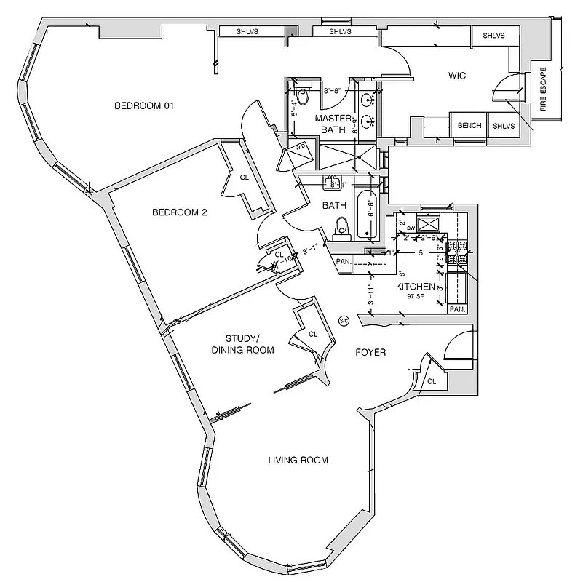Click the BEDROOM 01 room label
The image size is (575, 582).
[145, 106]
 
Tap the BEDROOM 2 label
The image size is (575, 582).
[180, 212]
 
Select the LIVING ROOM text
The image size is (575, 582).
[298, 460]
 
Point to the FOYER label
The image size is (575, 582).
[370, 353]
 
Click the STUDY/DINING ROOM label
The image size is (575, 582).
[243, 344]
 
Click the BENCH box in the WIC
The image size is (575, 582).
[469, 126]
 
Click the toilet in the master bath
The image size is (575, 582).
[301, 90]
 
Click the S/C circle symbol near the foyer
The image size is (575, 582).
[344, 322]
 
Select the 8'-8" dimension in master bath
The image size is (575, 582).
[332, 92]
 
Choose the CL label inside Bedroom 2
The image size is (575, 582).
[245, 177]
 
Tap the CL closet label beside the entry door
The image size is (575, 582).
[432, 381]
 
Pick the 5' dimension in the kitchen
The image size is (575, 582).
[421, 253]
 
